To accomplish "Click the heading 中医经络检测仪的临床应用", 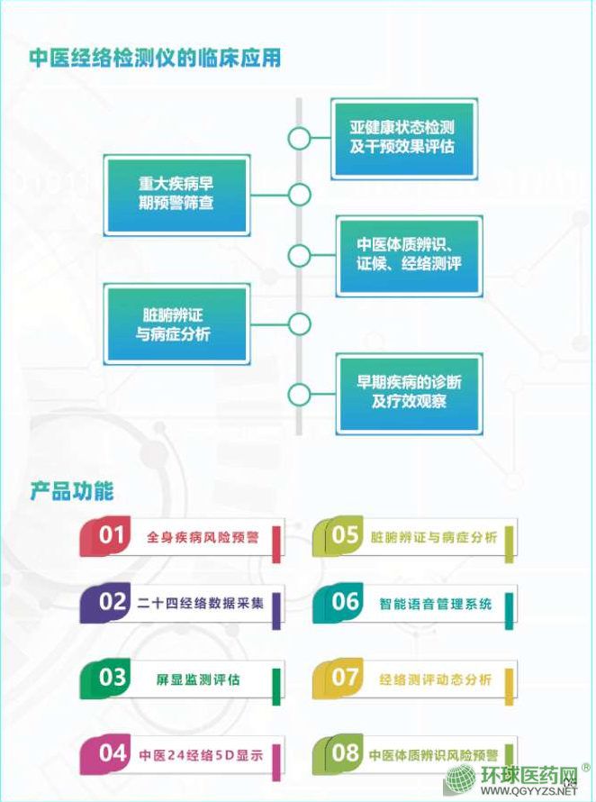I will click(155, 59).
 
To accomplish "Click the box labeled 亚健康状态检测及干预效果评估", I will click(403, 138).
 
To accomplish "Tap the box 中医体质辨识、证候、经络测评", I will click(409, 255).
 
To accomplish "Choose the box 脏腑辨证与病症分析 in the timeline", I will click(176, 324).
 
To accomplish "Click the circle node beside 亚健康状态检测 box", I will click(299, 138).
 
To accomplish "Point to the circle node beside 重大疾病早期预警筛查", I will click(299, 194).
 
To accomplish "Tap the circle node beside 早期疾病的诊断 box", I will click(299, 394).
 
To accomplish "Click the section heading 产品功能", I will click(72, 492).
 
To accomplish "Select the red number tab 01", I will click(111, 536).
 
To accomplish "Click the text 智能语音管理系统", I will click(436, 604).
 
